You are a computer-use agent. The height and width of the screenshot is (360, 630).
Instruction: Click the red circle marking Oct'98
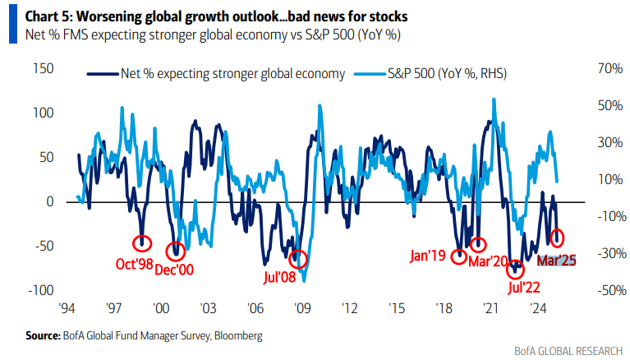(143, 242)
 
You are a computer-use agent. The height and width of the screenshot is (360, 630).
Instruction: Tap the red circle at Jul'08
(298, 259)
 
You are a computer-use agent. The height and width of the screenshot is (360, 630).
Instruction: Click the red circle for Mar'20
(479, 244)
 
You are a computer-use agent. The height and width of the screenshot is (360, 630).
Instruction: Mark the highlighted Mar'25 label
(556, 260)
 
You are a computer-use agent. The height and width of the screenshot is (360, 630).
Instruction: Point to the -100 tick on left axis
(40, 291)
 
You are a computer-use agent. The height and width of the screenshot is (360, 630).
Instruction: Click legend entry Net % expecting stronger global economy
(215, 74)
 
